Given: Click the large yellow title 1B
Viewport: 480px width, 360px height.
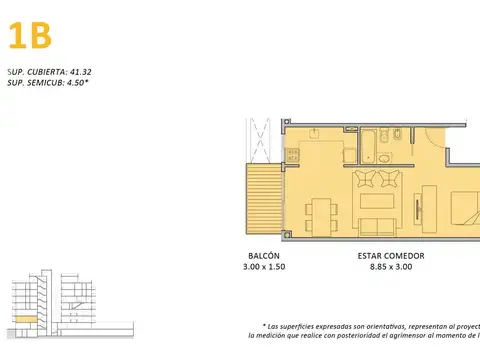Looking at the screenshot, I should pyautogui.click(x=29, y=37).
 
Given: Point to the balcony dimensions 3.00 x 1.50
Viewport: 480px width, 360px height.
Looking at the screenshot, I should pyautogui.click(x=265, y=268).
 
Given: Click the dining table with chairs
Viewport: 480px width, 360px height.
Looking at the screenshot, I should pyautogui.click(x=321, y=214).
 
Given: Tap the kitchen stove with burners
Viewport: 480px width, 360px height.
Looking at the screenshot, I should pyautogui.click(x=293, y=155).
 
